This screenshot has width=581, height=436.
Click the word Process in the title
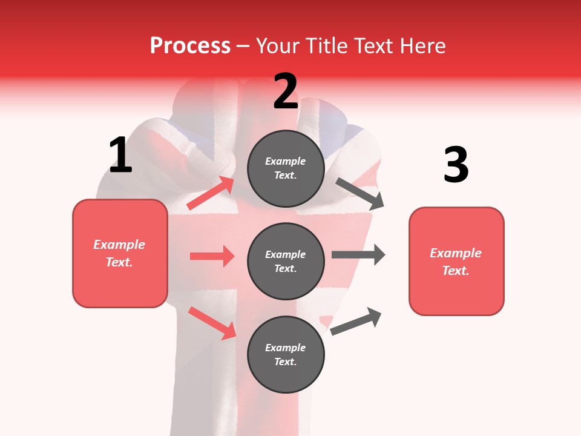click(190, 46)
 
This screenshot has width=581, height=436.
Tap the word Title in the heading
click(326, 46)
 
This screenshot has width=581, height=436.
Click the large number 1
click(120, 156)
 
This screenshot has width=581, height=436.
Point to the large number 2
click(286, 91)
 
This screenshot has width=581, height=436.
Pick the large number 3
click(456, 165)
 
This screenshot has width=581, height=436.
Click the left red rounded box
click(120, 253)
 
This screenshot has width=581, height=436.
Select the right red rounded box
click(456, 262)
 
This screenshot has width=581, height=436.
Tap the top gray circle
click(286, 168)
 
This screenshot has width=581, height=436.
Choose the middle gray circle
click(286, 262)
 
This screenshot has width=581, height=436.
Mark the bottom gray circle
click(286, 355)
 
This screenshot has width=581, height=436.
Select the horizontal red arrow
click(212, 256)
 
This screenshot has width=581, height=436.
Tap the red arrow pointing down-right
click(212, 323)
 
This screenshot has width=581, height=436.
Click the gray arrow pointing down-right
click(360, 194)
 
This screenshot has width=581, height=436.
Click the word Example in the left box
click(119, 245)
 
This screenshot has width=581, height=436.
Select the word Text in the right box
click(455, 271)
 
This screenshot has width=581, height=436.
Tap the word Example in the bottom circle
click(286, 348)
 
